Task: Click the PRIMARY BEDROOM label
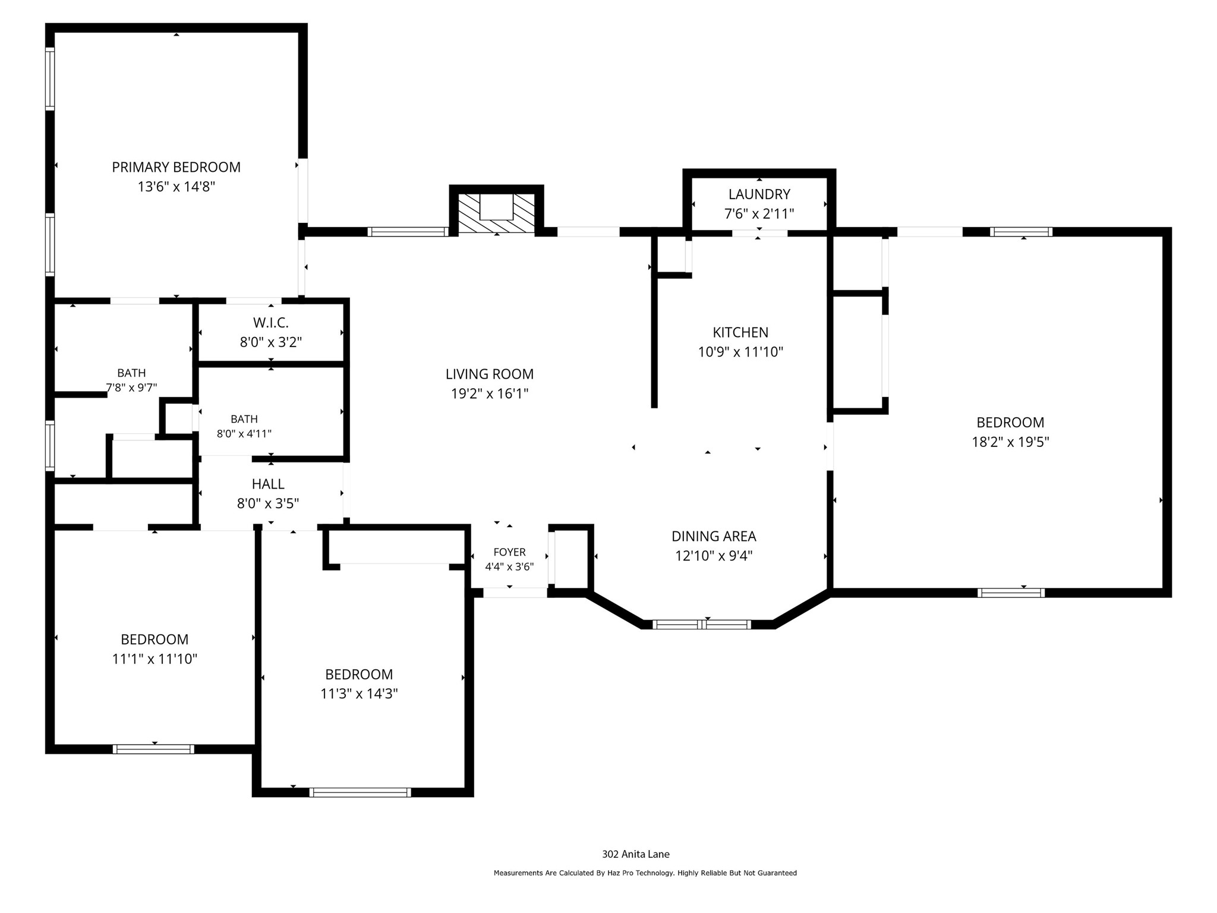176,167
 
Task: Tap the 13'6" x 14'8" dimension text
176,187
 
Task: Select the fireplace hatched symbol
496,213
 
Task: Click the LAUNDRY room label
759,194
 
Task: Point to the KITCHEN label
740,332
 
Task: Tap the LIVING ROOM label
490,374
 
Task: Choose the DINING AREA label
714,536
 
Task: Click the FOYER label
509,552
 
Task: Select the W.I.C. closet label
271,323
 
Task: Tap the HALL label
268,484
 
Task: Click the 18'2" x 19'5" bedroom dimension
1010,442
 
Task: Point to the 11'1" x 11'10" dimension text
155,659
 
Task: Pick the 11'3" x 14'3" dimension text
359,694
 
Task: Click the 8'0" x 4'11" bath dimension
244,434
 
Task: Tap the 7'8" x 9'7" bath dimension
131,388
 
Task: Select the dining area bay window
702,624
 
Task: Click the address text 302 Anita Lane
636,854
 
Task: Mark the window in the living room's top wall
408,232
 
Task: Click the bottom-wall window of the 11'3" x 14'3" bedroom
360,792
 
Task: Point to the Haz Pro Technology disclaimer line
645,873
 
